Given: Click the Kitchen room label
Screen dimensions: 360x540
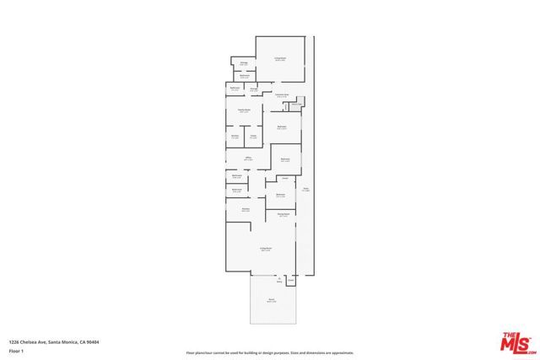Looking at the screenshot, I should click(235, 136).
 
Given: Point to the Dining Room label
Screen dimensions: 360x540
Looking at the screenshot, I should click(284, 215).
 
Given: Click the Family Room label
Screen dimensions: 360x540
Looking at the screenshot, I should click(243, 110).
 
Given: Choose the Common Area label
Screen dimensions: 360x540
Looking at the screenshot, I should click(282, 94).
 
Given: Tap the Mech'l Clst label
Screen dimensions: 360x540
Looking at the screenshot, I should click(296, 105).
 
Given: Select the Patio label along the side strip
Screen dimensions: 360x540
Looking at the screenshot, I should click(306, 190).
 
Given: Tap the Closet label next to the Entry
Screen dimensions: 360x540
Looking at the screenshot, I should click(291, 281).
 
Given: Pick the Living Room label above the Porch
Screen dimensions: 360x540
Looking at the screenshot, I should click(265, 250).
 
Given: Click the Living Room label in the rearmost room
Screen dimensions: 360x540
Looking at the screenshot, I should click(279, 59).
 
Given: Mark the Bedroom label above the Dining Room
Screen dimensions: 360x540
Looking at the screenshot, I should click(280, 195).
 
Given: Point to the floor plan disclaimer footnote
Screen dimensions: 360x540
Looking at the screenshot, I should click(270, 352).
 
